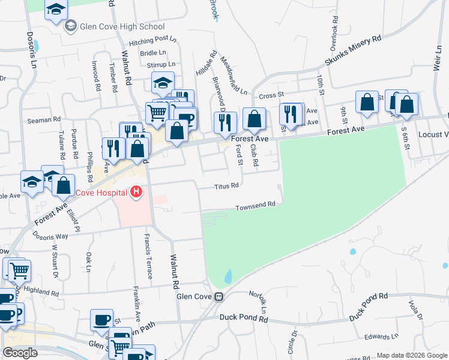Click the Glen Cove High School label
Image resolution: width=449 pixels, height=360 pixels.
click(x=122, y=26)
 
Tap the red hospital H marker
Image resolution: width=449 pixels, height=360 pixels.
click(x=136, y=192)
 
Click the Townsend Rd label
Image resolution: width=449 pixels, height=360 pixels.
click(x=255, y=205)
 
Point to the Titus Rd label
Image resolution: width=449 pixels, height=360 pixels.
click(x=227, y=186)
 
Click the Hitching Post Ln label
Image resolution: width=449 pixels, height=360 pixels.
click(x=153, y=42)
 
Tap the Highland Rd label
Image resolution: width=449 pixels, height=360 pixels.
click(x=43, y=293)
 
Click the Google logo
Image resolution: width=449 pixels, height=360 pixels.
click(x=20, y=352)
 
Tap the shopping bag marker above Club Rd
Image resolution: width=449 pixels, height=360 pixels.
click(x=255, y=118)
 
